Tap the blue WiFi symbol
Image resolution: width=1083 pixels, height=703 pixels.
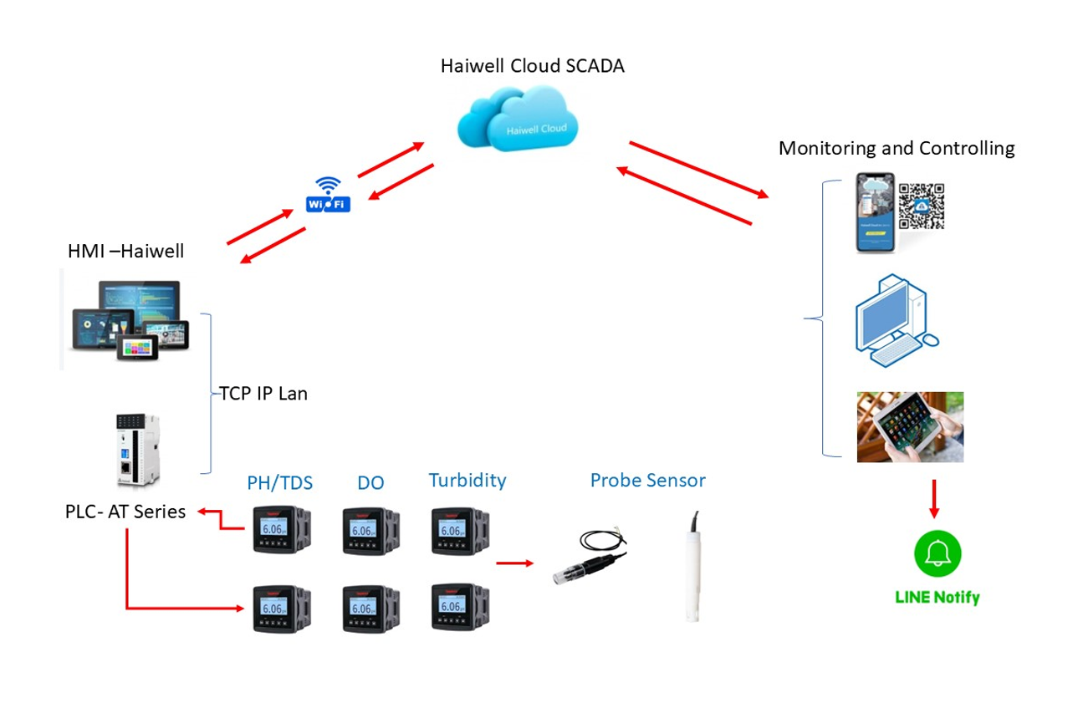[x=328, y=196]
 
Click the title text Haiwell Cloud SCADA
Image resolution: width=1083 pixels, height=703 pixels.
[x=533, y=67]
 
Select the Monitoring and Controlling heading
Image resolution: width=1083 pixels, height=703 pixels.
[x=897, y=149]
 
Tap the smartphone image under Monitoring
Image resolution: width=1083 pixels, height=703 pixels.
[x=875, y=213]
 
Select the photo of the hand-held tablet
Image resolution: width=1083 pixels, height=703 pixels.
[x=910, y=426]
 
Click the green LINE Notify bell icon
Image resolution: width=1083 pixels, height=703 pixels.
[x=937, y=553]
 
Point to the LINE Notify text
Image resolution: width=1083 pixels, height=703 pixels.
[x=937, y=598]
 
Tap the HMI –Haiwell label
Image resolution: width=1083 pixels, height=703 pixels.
[x=125, y=250]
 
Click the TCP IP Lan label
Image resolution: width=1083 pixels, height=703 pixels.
[x=263, y=393]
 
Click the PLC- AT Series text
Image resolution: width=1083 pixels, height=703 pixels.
[x=125, y=512]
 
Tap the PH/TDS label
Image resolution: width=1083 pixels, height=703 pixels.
[x=280, y=482]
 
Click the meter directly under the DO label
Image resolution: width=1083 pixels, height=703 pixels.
[x=369, y=531]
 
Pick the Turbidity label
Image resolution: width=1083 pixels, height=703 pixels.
[x=467, y=481]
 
